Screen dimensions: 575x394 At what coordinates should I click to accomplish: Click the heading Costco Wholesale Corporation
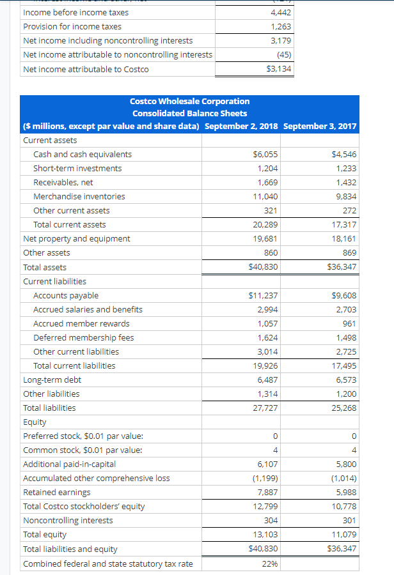pos(189,101)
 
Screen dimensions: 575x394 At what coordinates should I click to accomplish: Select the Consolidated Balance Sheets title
pos(189,113)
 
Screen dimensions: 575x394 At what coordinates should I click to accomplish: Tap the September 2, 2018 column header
pos(241,126)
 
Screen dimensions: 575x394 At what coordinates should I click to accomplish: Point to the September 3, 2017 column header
pos(320,126)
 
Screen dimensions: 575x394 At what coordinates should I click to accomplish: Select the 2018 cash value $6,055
pos(265,154)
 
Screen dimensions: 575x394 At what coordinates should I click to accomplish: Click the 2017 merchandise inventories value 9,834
pos(346,196)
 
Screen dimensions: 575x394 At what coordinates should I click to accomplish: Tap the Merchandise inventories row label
pos(79,196)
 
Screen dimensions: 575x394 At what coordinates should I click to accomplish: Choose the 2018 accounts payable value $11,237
pos(263,295)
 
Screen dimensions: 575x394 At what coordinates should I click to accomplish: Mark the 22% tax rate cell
pos(270,563)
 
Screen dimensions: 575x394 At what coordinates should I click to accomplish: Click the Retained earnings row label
pos(57,492)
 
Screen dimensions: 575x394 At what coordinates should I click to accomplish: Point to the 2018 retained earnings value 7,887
pos(267,492)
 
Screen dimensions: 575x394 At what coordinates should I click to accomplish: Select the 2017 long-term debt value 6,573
pos(346,379)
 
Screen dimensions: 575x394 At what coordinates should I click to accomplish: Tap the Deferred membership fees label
pos(84,337)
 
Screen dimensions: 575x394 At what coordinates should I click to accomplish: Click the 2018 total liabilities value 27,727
pos(266,408)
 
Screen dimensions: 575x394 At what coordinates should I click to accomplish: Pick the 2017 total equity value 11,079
pos(344,534)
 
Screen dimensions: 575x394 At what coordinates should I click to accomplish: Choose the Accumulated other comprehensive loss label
pos(97,478)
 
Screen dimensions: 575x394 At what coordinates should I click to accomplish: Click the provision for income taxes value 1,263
pos(281,27)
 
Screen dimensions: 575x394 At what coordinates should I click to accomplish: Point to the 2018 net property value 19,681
pos(266,238)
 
